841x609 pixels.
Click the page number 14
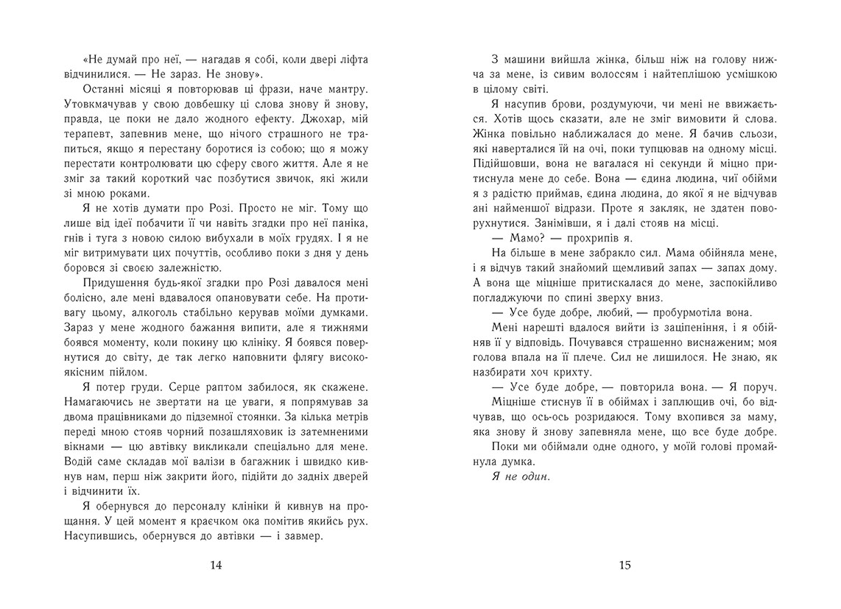click(215, 566)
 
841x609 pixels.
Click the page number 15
click(624, 566)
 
